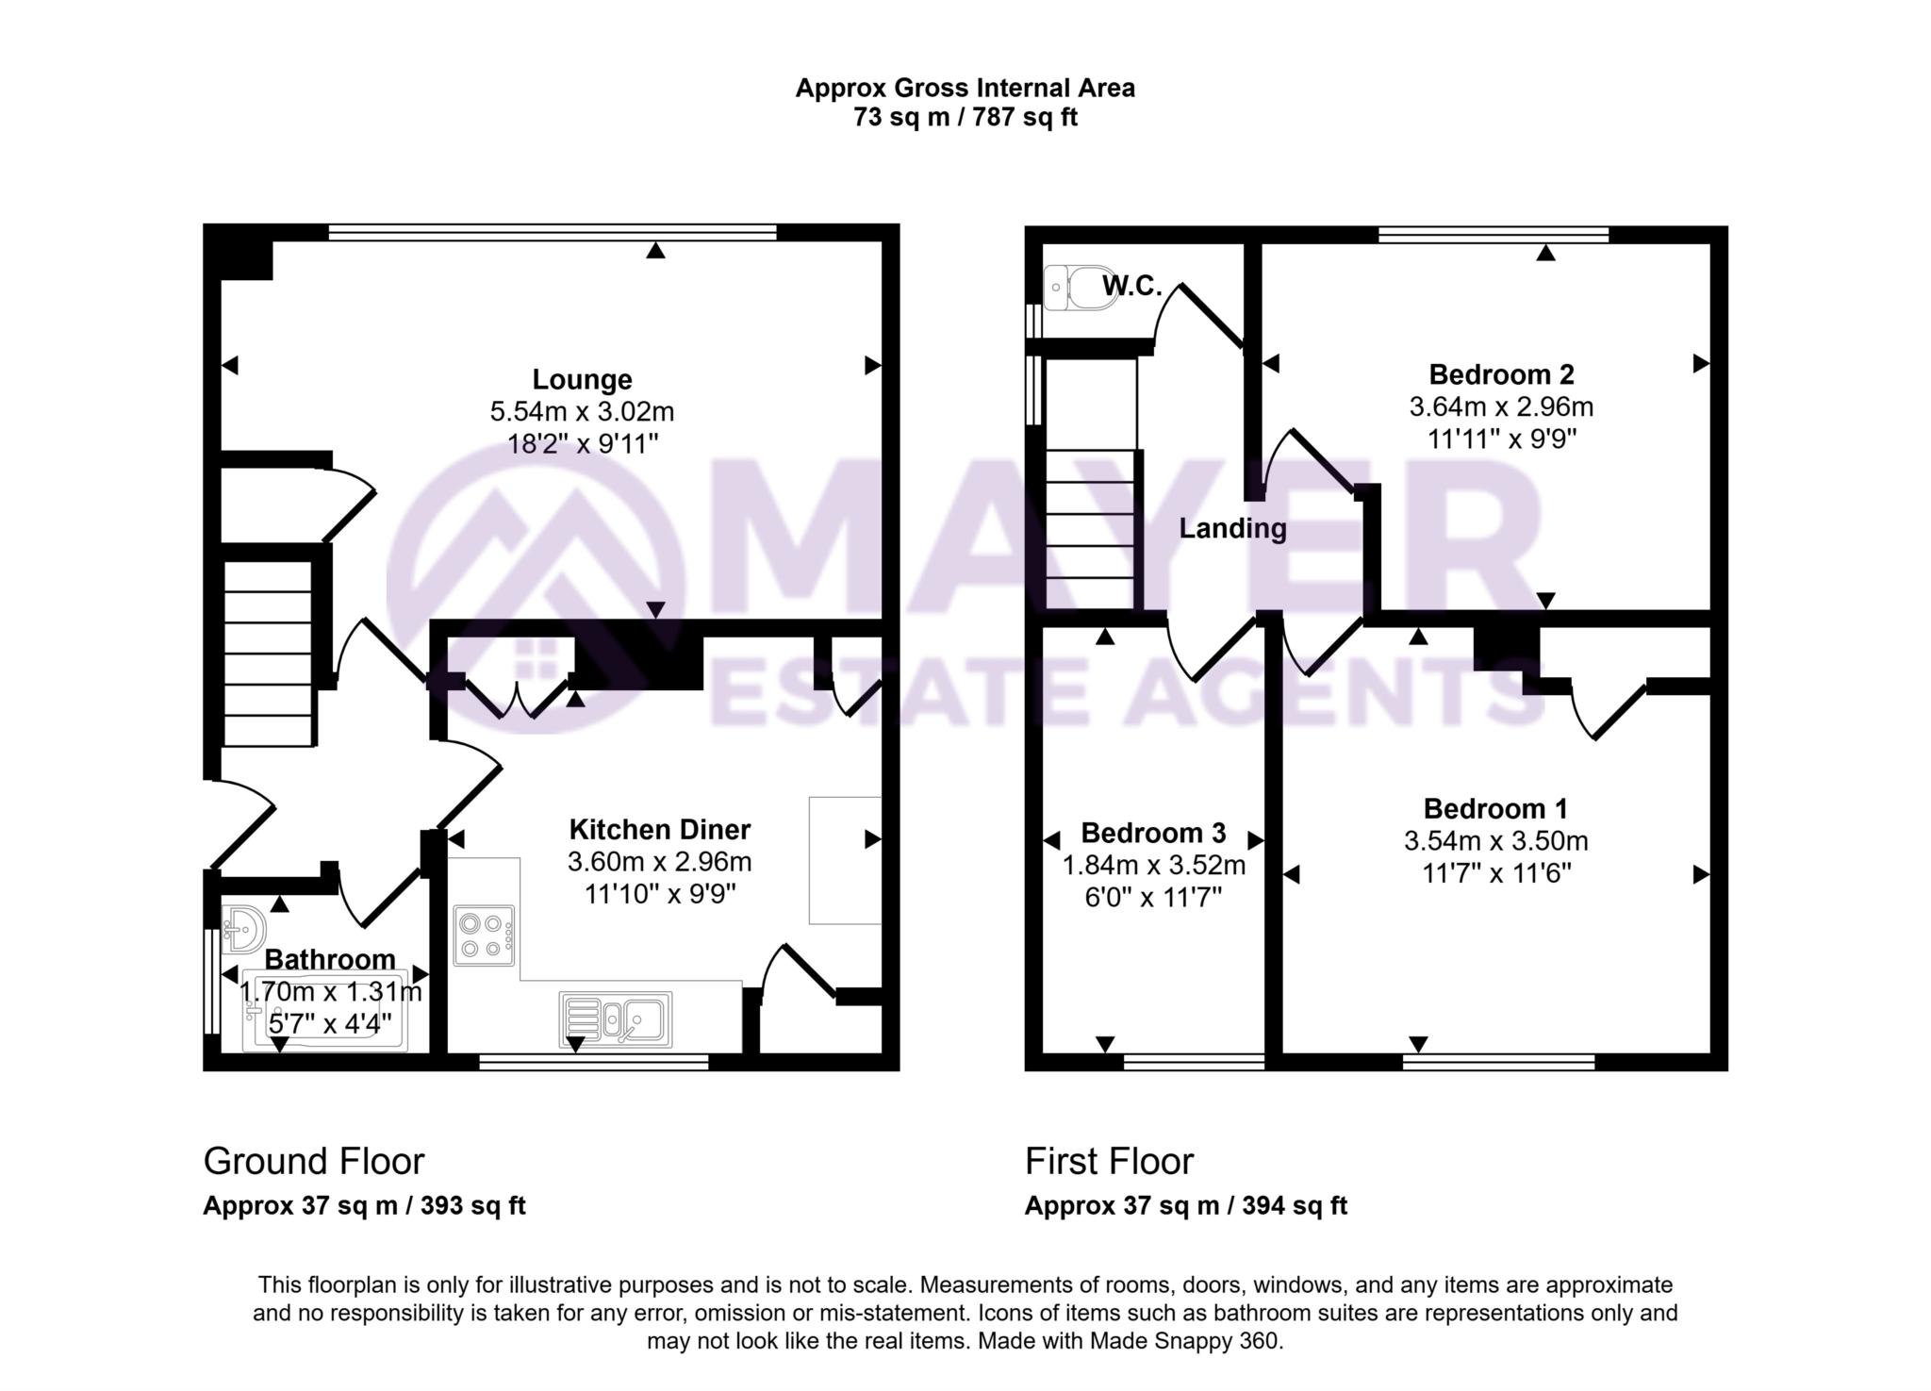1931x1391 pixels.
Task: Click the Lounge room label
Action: pos(582,379)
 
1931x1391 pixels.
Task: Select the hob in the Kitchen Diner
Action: pos(484,936)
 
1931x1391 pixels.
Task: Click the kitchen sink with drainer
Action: pos(615,1019)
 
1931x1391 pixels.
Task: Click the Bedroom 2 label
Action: pos(1501,374)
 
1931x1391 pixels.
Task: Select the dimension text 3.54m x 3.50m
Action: pos(1495,840)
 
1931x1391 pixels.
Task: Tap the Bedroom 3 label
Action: pos(1153,833)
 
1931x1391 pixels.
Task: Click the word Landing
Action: pos(1232,528)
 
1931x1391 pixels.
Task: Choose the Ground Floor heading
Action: pos(314,1161)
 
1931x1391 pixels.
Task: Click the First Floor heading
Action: pos(1109,1161)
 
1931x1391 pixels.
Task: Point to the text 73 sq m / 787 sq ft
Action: pos(965,118)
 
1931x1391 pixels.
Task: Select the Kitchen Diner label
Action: pos(659,830)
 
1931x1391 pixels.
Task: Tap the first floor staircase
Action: pos(1090,528)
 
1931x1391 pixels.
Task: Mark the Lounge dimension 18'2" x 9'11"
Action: pos(582,443)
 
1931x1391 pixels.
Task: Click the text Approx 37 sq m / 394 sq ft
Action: pos(1185,1205)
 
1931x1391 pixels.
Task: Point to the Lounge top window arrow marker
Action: pos(655,250)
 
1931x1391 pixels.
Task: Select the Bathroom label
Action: pos(329,959)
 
